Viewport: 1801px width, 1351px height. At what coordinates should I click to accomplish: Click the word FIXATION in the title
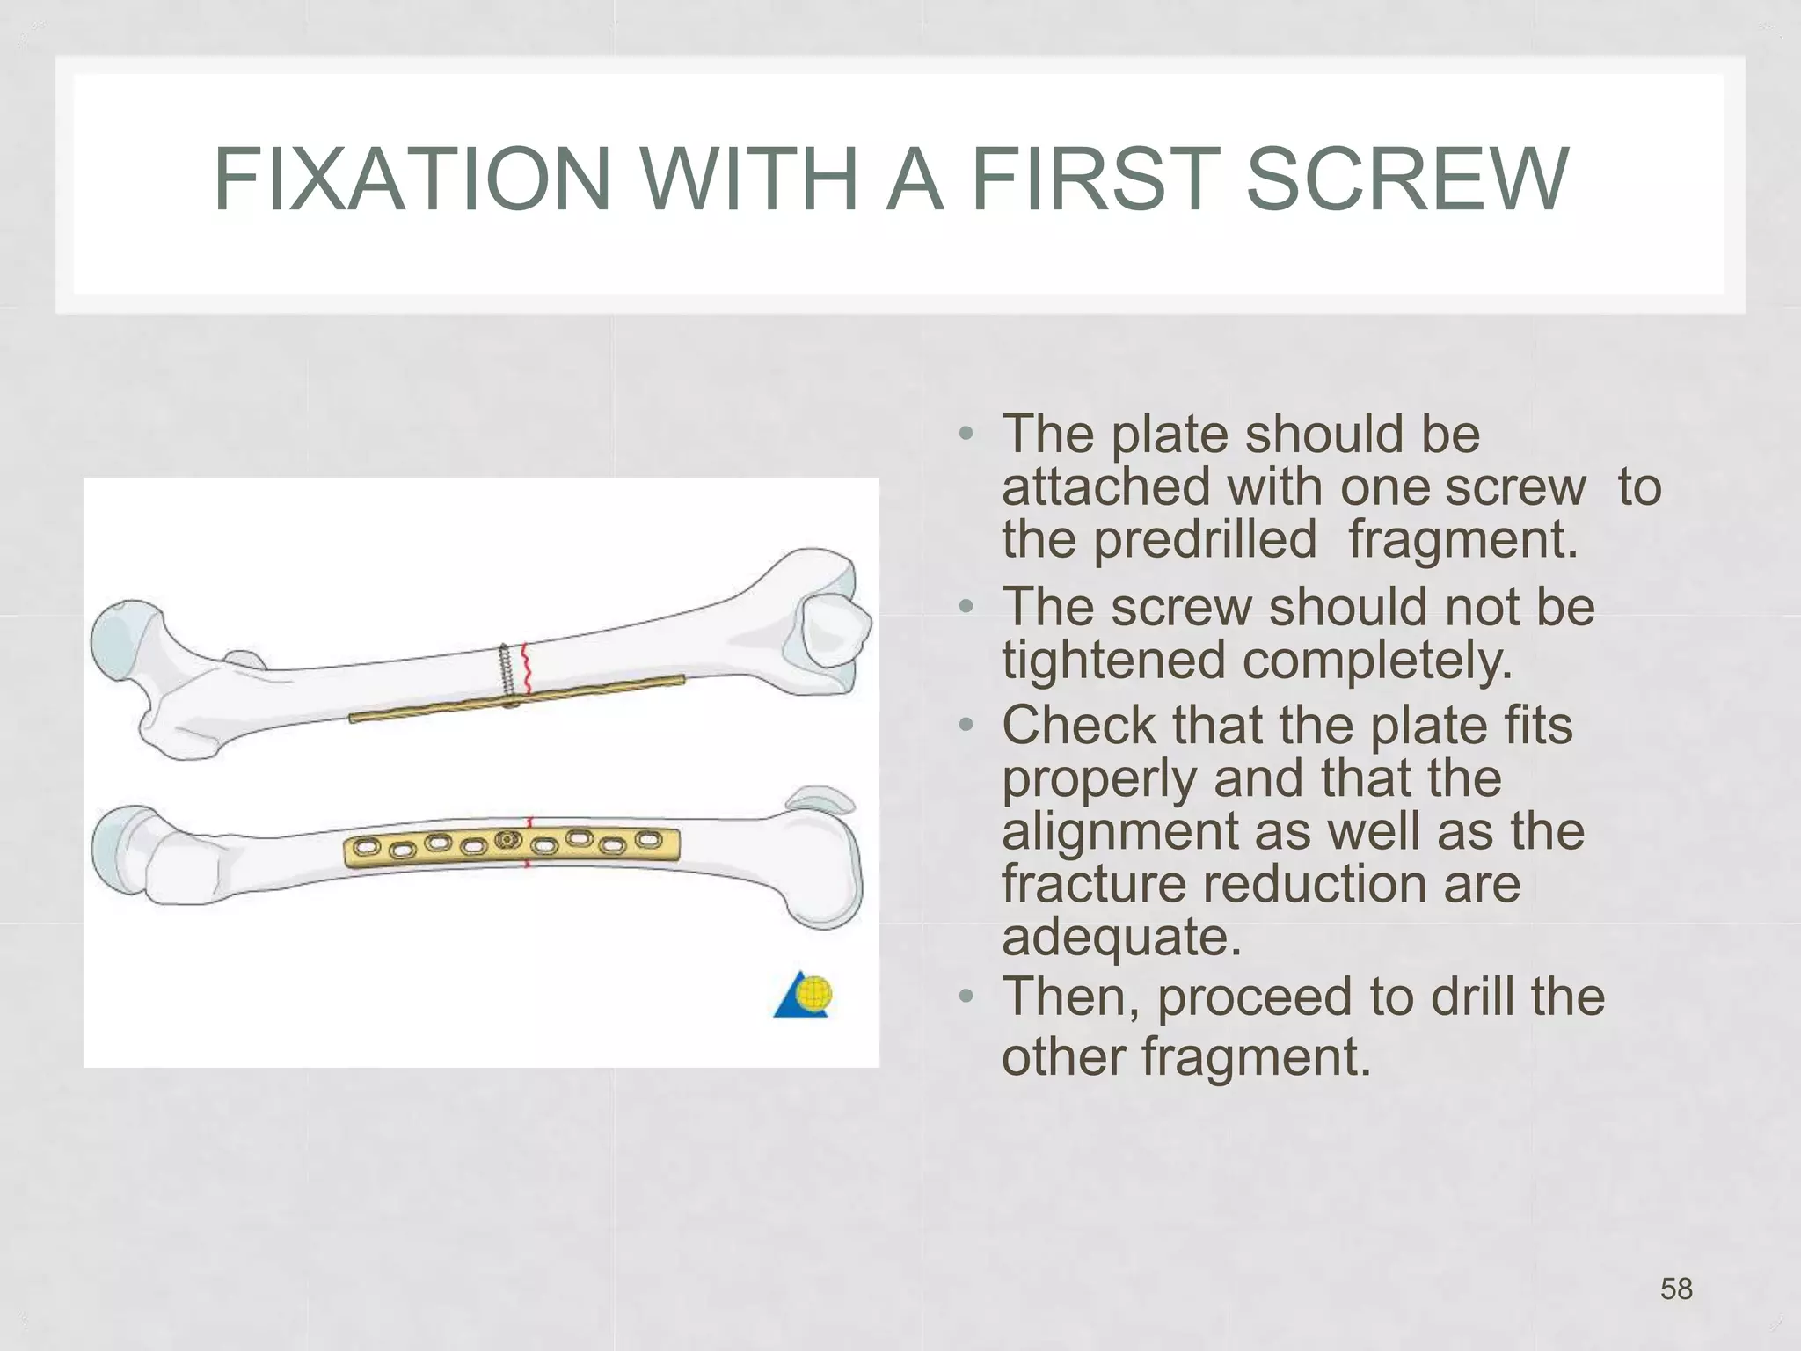tap(412, 179)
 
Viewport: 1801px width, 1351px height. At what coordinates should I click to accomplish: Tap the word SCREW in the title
tap(1407, 179)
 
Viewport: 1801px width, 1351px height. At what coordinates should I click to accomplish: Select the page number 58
tap(1676, 1289)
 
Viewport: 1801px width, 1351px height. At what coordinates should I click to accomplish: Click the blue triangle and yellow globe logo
tap(804, 996)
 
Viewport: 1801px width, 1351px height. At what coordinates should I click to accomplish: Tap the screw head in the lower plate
tap(507, 840)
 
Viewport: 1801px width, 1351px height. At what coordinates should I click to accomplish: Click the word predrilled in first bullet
tap(1205, 539)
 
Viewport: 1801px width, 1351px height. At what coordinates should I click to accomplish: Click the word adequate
tap(1121, 937)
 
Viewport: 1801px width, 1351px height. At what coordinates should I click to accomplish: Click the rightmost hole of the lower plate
tap(649, 839)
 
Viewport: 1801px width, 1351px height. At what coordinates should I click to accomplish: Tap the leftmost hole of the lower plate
tap(367, 849)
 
